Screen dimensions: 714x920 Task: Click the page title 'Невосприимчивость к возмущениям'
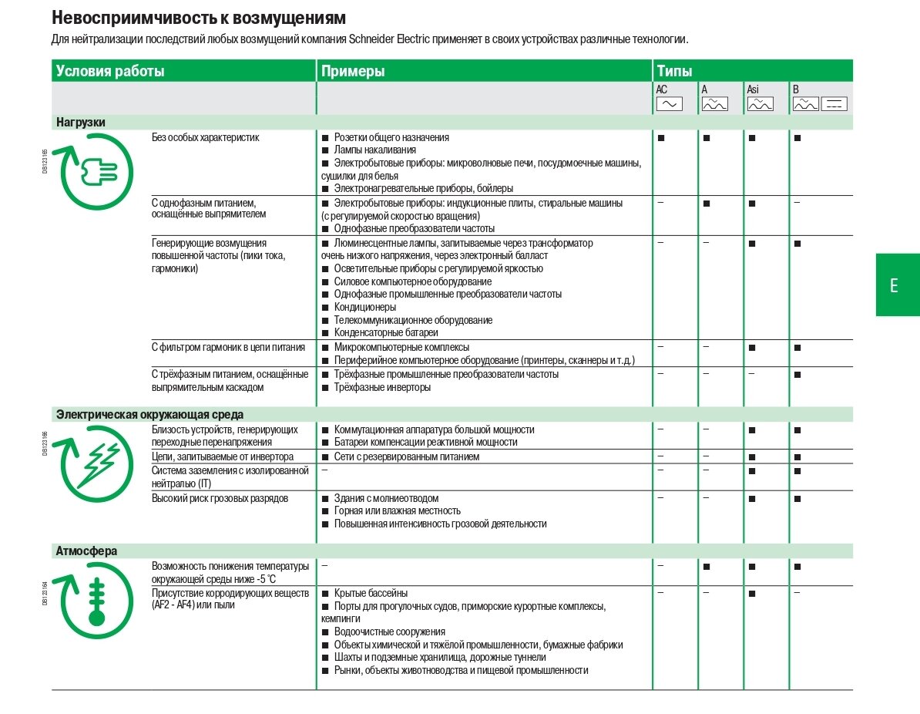tap(198, 17)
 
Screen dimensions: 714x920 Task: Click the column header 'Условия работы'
tap(110, 72)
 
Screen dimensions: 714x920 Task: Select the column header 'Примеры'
tap(353, 72)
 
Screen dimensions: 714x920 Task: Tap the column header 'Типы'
tap(674, 72)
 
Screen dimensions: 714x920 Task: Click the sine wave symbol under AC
tap(669, 103)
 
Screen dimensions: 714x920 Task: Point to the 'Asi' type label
tap(753, 89)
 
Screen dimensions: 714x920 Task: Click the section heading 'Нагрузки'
tap(81, 122)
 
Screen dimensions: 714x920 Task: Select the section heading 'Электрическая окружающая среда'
tap(149, 415)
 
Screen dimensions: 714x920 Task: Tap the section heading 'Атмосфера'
tap(86, 551)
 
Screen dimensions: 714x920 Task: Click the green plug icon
tap(96, 171)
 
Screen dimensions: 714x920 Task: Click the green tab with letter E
tap(895, 285)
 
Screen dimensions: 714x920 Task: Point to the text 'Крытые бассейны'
tap(371, 593)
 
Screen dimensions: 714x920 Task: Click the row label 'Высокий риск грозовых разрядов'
tap(220, 498)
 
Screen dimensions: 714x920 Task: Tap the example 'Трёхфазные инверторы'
tap(382, 387)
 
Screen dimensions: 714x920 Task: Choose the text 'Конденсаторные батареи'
tap(386, 332)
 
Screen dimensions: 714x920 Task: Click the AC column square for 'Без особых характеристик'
tap(661, 137)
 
